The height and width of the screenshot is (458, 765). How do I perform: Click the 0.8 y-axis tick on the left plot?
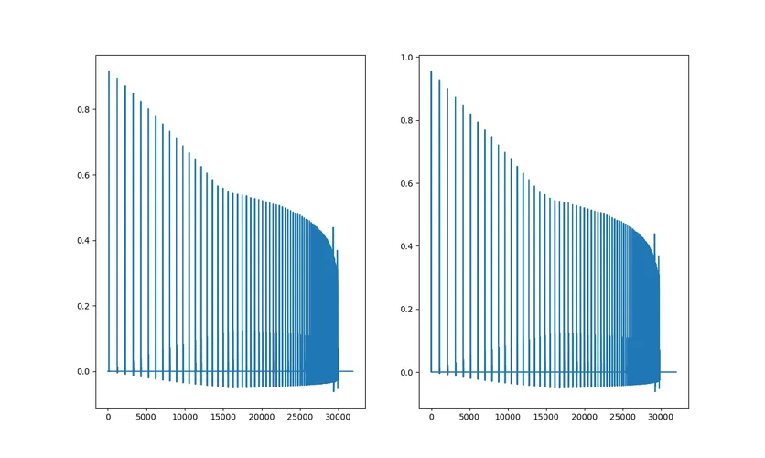pos(83,110)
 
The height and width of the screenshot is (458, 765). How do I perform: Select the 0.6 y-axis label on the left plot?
pos(83,175)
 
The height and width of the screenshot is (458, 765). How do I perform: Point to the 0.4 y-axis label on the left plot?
pos(83,241)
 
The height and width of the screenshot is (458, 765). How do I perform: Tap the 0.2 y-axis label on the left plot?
pos(83,306)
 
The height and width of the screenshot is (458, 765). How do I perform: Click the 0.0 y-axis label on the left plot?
pos(83,372)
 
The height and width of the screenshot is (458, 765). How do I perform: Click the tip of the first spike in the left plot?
pos(109,71)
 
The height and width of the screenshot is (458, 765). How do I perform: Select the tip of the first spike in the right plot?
pos(431,71)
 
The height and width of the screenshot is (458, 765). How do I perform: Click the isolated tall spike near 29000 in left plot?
pos(333,228)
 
